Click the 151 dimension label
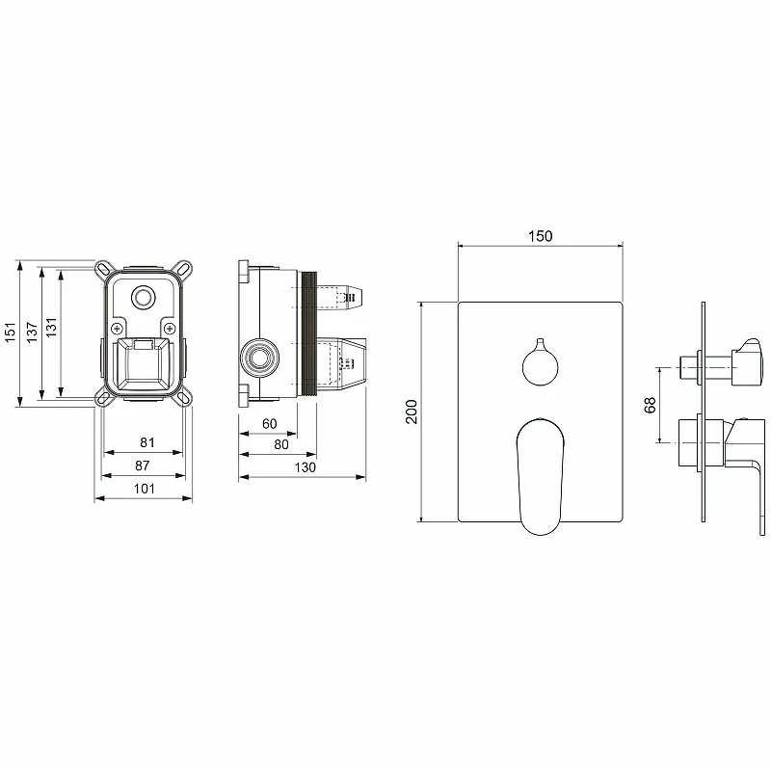point(11,332)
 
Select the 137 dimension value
point(32,332)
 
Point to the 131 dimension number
point(52,328)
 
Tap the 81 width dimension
point(147,442)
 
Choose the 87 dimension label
point(142,465)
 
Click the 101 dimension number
point(144,489)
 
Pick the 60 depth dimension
point(270,423)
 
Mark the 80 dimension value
point(281,444)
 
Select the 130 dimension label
point(305,467)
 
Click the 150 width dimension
point(541,236)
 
